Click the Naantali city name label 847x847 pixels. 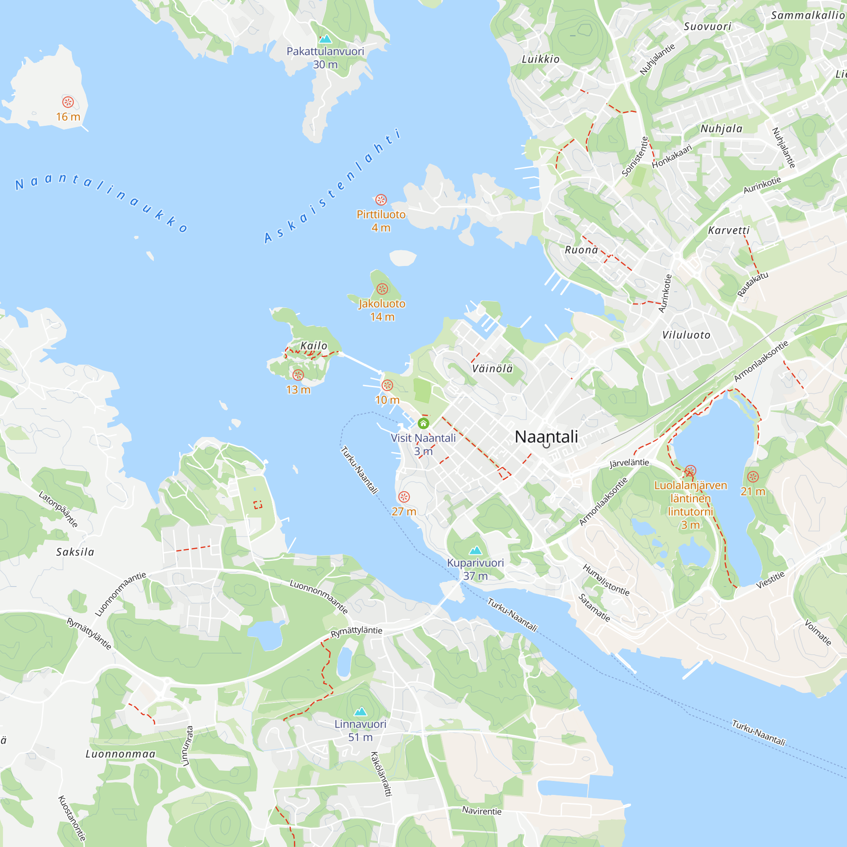[x=546, y=437]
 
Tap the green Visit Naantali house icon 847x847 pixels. [x=423, y=423]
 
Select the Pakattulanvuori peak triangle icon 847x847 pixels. [x=325, y=39]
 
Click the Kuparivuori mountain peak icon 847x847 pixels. [x=476, y=551]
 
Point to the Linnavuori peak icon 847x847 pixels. [x=360, y=711]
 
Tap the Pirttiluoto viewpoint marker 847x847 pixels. [x=381, y=200]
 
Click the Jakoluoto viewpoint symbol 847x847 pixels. [x=382, y=289]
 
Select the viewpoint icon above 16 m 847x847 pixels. [x=68, y=102]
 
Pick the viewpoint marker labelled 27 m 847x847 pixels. [x=404, y=497]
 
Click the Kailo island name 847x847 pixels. [x=314, y=346]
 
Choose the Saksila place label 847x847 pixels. [x=75, y=552]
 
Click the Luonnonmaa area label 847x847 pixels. [x=121, y=754]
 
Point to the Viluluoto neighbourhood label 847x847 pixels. [x=686, y=335]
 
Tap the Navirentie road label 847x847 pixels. [x=482, y=811]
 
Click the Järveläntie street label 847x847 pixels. [x=629, y=463]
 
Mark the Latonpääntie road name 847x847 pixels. [x=58, y=509]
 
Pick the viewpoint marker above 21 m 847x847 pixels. [x=753, y=477]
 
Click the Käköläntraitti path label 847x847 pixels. [x=382, y=774]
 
